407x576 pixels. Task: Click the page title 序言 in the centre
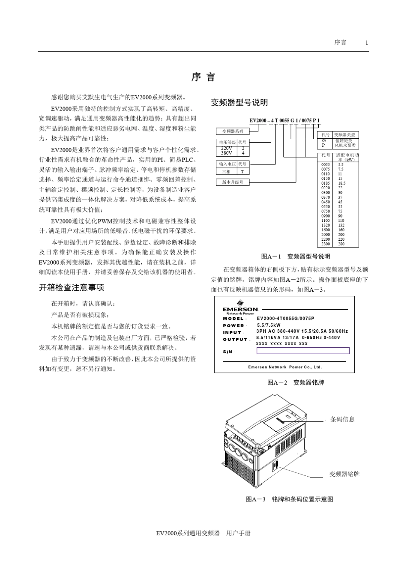click(x=203, y=77)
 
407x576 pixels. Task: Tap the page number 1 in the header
click(x=367, y=42)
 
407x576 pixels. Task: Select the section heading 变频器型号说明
click(x=239, y=102)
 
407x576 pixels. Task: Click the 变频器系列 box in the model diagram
click(x=233, y=131)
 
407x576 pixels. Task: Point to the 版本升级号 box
click(x=233, y=182)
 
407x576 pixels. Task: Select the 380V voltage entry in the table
click(x=226, y=153)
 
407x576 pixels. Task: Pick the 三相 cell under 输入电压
click(x=226, y=171)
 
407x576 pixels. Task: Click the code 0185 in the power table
click(x=326, y=183)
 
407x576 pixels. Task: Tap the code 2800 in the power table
click(x=326, y=244)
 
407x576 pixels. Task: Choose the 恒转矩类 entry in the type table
click(x=344, y=140)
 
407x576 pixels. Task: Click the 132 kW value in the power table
click(x=341, y=225)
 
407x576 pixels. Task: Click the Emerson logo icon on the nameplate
click(x=240, y=303)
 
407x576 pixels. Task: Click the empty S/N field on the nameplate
click(x=303, y=351)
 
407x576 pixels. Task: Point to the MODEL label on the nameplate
click(x=233, y=319)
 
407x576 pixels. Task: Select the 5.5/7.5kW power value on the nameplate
click(x=269, y=325)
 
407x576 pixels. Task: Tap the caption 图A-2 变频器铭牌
click(x=296, y=382)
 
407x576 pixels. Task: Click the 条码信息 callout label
click(x=342, y=419)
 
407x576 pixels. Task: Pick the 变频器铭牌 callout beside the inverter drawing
click(x=344, y=474)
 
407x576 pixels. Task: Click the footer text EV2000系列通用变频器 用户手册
click(x=203, y=533)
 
